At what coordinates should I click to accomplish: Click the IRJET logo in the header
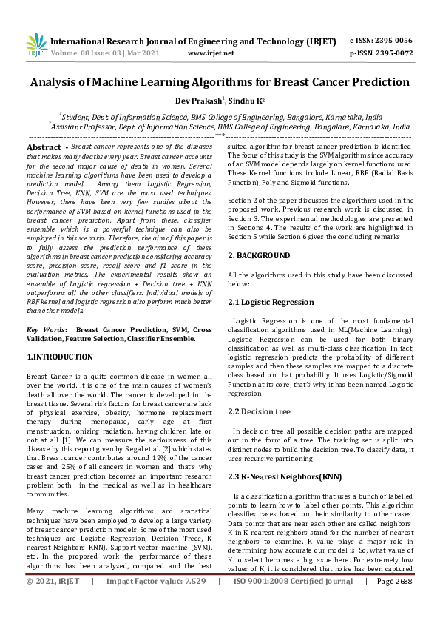click(36, 46)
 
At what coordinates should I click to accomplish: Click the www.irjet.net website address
click(211, 53)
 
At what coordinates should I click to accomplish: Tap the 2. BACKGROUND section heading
click(258, 255)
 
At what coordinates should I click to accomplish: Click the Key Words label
click(46, 329)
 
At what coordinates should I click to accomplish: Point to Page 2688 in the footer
click(394, 602)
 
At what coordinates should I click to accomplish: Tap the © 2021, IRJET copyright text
click(53, 602)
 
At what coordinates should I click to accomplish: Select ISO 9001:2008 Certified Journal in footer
click(294, 602)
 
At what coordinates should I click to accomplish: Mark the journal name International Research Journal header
click(118, 41)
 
